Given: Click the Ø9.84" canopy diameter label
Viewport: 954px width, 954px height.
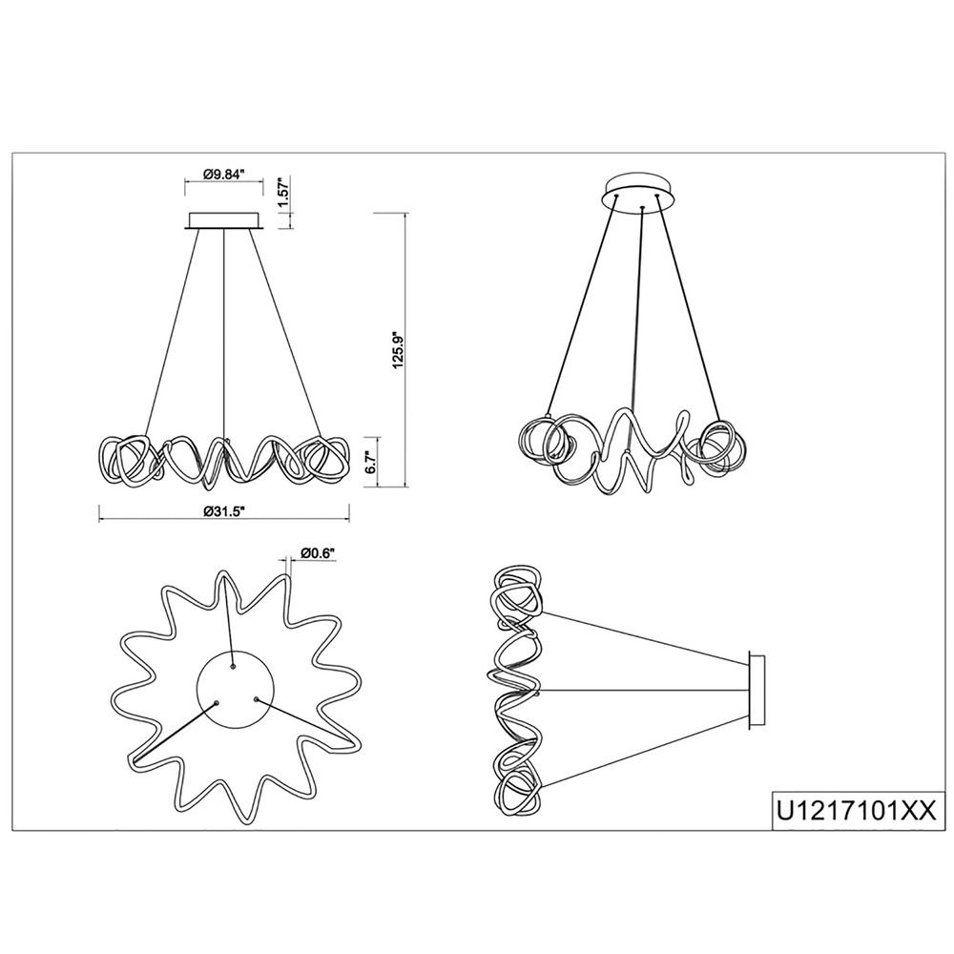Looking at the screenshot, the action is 223,174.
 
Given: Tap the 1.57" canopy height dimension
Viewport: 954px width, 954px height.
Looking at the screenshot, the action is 281,194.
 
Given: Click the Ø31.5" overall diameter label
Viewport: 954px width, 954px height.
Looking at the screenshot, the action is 224,510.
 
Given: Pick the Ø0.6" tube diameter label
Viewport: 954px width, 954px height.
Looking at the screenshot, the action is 319,552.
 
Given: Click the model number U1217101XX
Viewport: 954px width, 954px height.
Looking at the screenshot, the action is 854,812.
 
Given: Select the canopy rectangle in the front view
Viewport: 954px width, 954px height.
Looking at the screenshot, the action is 224,221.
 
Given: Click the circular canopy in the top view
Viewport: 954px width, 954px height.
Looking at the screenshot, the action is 236,691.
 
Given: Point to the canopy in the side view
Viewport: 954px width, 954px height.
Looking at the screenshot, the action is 757,690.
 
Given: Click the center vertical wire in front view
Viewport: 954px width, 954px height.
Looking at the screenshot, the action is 224,334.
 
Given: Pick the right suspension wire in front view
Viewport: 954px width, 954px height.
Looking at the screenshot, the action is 284,333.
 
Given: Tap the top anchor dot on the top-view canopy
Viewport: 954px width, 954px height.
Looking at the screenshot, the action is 233,667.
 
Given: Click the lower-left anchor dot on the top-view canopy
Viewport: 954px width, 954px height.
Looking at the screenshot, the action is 216,703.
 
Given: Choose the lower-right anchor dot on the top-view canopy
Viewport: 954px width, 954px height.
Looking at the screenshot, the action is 256,699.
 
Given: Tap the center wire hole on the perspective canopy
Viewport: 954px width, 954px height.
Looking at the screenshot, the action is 642,209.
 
